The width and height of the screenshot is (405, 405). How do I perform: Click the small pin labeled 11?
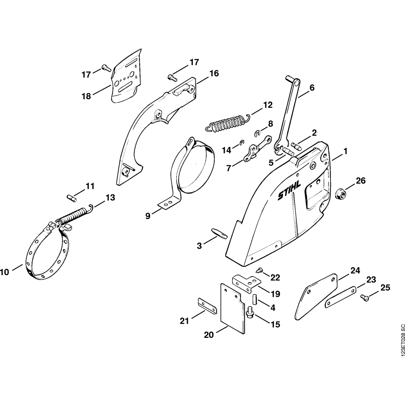[x=71, y=197]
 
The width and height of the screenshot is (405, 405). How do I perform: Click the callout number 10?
[x=4, y=272]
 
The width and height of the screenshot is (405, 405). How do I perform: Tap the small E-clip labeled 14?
[x=242, y=142]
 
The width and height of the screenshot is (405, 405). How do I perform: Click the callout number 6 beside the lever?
[x=312, y=87]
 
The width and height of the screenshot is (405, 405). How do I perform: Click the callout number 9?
[x=148, y=216]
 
